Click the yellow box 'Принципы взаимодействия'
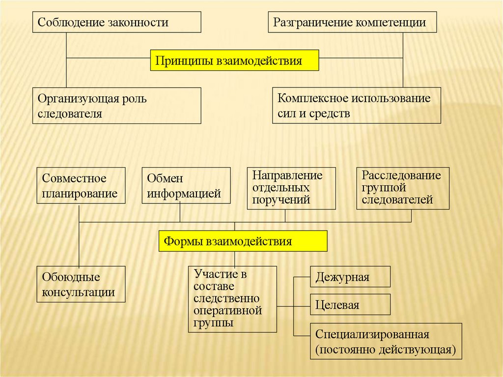(234, 61)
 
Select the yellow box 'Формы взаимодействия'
(243, 241)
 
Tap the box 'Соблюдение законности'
(116, 23)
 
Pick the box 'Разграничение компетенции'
(352, 23)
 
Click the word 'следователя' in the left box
(70, 114)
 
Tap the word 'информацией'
(184, 194)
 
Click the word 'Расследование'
(401, 175)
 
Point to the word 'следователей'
(397, 200)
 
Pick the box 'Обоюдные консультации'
(81, 284)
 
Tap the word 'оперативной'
(227, 311)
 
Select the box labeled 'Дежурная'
(350, 277)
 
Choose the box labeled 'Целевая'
(350, 305)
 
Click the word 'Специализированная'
(372, 335)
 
